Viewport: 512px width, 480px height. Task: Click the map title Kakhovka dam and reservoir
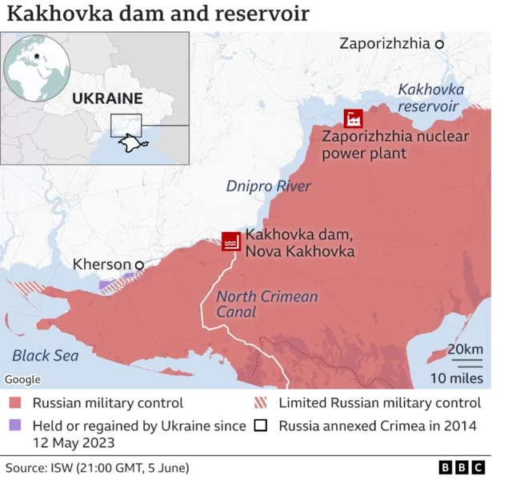158,14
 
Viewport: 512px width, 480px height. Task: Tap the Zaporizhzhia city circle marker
439,45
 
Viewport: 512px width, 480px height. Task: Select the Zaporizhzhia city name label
385,44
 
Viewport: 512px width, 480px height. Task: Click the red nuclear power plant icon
353,119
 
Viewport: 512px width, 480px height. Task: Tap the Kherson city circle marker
139,265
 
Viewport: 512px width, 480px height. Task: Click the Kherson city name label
102,264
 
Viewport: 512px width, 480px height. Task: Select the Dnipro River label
268,186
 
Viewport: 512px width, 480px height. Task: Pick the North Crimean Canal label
266,304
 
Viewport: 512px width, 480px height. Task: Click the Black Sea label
46,355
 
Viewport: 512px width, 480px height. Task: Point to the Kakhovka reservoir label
430,98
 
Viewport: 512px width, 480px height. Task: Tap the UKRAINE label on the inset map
106,99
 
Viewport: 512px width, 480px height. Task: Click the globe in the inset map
36,66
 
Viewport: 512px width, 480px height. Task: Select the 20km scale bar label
465,350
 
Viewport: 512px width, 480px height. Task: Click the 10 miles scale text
458,378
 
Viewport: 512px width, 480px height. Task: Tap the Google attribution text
22,379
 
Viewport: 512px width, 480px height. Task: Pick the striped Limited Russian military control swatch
261,403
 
